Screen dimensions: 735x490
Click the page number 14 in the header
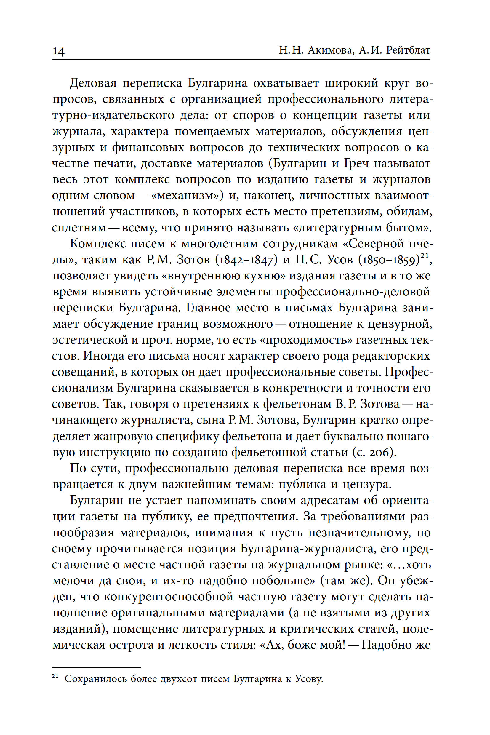(x=58, y=51)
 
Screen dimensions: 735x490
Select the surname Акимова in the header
(x=330, y=50)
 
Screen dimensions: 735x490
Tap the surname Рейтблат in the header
(x=409, y=50)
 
